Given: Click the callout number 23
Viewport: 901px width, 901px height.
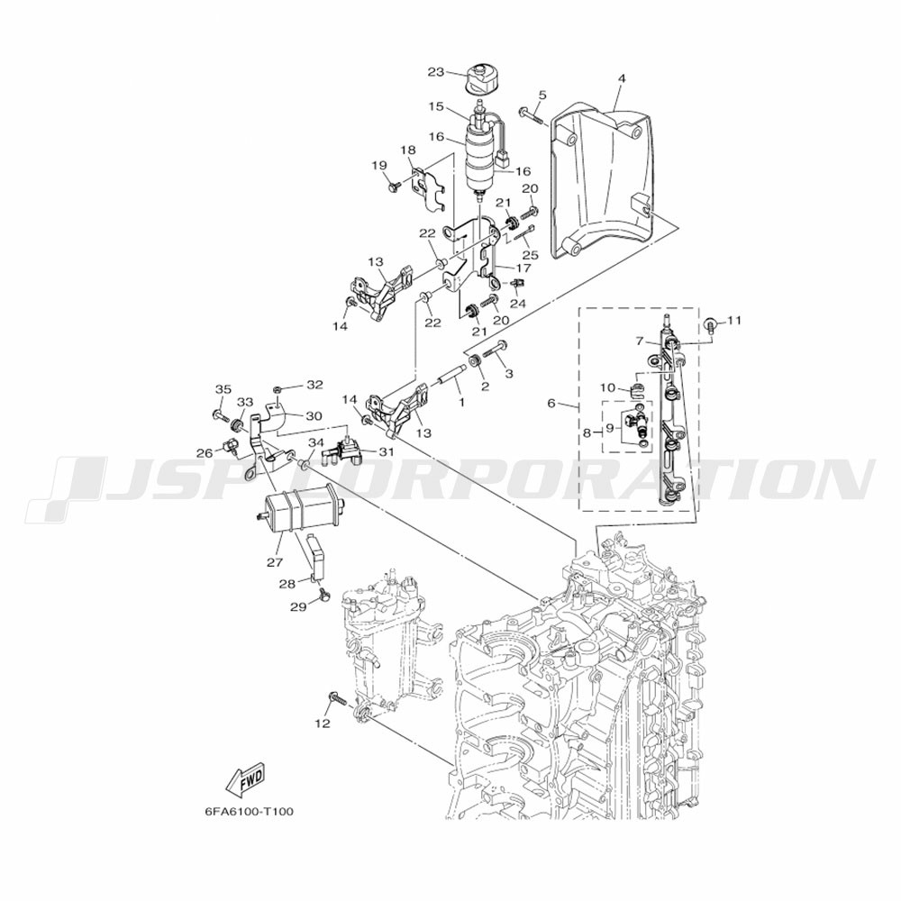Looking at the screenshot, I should pyautogui.click(x=436, y=72).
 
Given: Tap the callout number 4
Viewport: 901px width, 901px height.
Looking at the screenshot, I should pyautogui.click(x=622, y=79).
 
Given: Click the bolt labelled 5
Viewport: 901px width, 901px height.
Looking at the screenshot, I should pyautogui.click(x=531, y=114).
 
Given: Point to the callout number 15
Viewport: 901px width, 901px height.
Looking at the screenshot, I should pyautogui.click(x=436, y=106).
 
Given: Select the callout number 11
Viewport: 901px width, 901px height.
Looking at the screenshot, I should pyautogui.click(x=733, y=321).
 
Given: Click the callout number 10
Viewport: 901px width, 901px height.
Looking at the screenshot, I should pyautogui.click(x=609, y=387).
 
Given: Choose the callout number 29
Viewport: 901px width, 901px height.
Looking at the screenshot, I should pyautogui.click(x=298, y=608).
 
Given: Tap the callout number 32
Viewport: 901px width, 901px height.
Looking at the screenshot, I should pyautogui.click(x=314, y=385).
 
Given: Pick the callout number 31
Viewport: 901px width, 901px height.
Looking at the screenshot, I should pyautogui.click(x=387, y=452).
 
